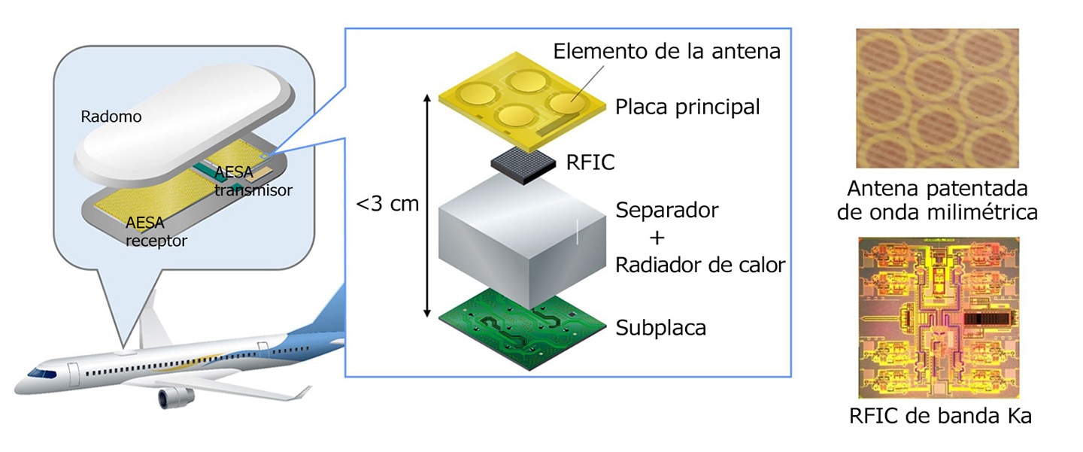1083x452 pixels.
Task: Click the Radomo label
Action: pos(111,117)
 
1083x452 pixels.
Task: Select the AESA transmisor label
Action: pos(253,181)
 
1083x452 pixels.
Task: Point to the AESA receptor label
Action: pos(156,232)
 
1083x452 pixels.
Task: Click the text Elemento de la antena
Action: pos(666,51)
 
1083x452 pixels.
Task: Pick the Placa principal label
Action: pos(687,108)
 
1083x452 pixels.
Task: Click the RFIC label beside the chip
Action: pos(590,162)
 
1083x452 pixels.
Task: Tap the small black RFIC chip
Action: pos(523,165)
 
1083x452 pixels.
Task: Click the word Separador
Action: pos(666,211)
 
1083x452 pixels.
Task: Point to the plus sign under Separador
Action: pos(657,238)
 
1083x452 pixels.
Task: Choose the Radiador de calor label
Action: pos(700,265)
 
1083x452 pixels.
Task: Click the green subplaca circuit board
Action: pos(522,329)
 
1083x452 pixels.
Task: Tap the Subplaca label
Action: pos(661,328)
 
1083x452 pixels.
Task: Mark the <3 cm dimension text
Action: pos(387,204)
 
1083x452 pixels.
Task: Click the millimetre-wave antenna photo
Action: pos(937,98)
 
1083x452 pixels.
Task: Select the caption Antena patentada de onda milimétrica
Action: pos(937,200)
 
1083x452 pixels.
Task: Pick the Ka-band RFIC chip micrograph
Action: pos(939,317)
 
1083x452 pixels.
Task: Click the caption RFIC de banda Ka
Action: pos(940,416)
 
